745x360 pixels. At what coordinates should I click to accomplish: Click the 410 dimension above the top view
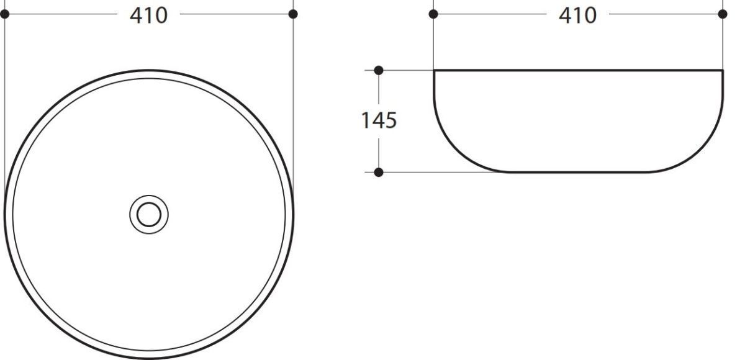[x=148, y=16]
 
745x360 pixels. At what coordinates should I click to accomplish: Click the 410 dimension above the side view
[x=578, y=16]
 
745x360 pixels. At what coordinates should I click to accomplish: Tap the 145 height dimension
[x=379, y=120]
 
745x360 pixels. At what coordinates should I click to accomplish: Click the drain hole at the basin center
[x=149, y=214]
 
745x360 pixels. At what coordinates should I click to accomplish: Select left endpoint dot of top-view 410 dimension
[x=5, y=14]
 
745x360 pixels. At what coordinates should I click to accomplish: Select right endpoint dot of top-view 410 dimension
[x=293, y=14]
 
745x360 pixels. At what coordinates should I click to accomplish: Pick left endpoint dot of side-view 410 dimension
[x=433, y=14]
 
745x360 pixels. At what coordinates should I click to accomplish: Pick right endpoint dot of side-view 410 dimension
[x=723, y=14]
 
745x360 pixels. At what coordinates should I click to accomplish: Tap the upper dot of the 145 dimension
[x=379, y=70]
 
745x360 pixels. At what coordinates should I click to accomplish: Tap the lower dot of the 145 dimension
[x=379, y=172]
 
